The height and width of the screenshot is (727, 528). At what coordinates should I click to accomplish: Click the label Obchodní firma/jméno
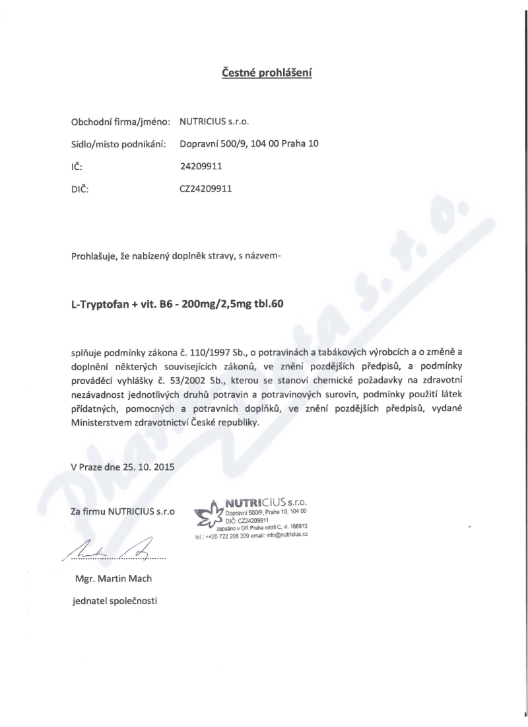[121, 122]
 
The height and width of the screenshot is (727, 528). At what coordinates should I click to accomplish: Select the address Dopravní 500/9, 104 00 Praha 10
[249, 143]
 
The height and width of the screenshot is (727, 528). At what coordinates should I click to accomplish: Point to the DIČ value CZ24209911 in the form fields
[206, 188]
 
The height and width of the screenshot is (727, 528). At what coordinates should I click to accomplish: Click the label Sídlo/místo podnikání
[118, 143]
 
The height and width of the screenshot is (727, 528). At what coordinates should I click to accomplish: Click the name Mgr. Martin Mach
[114, 579]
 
